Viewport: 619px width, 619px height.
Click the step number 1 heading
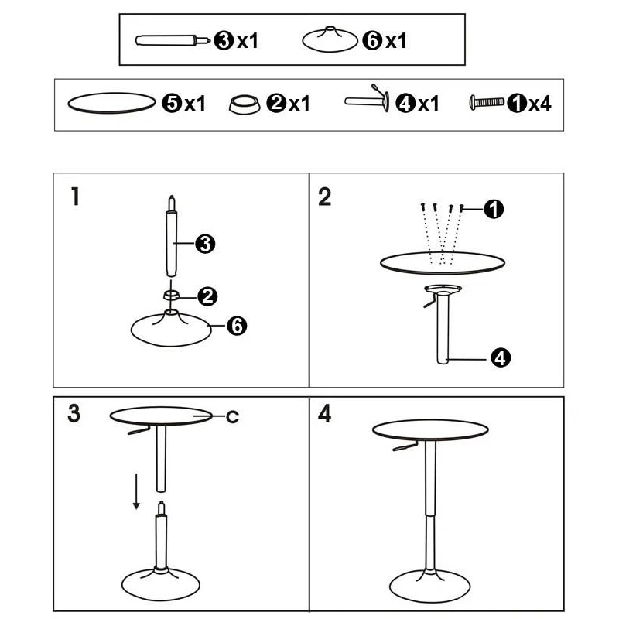[x=74, y=197]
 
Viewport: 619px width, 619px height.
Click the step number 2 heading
[x=325, y=197]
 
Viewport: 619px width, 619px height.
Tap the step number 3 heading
[x=74, y=413]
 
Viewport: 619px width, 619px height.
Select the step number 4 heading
[x=325, y=413]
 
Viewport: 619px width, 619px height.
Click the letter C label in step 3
[x=232, y=417]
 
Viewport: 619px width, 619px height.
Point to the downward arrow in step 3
[x=136, y=492]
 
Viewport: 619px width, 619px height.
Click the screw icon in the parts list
[x=486, y=102]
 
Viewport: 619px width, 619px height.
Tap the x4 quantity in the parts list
[x=540, y=103]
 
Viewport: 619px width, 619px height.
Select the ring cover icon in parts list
[x=245, y=104]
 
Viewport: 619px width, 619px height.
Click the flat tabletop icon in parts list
[x=112, y=103]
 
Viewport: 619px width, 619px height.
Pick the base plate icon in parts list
[x=330, y=40]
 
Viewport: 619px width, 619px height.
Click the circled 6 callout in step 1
[x=237, y=327]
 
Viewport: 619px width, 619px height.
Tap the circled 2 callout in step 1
[x=207, y=295]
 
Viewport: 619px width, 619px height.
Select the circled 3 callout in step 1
[x=205, y=245]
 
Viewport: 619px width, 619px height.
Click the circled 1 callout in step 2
[x=494, y=208]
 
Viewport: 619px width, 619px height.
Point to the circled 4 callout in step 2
[x=501, y=357]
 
